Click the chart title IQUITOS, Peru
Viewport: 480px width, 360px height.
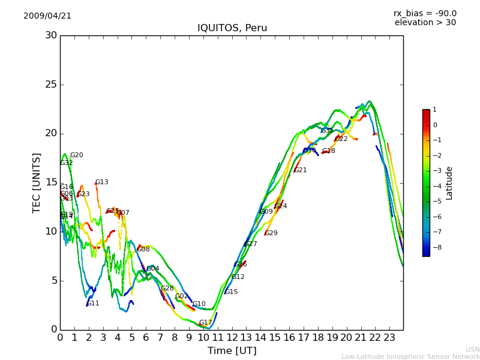click(232, 28)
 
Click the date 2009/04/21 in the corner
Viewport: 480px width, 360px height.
click(47, 16)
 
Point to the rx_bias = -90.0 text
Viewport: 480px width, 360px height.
click(425, 13)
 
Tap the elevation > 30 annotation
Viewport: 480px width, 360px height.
click(425, 23)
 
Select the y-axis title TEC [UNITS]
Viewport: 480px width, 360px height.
click(37, 182)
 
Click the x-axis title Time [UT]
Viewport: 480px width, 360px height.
click(232, 350)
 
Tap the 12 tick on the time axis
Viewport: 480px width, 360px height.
click(232, 337)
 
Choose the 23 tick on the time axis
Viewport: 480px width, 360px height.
click(389, 337)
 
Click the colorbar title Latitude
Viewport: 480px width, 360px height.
click(449, 183)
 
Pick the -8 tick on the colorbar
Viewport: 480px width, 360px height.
click(435, 247)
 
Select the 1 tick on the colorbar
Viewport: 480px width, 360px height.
click(434, 110)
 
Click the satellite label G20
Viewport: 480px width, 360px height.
click(77, 155)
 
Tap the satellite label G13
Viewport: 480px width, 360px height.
click(102, 182)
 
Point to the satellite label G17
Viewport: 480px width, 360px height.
click(205, 323)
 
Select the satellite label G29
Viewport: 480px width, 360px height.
click(271, 233)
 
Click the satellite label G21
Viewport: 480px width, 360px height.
click(300, 170)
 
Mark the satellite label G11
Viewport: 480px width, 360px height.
click(93, 304)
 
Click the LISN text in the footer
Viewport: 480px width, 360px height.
click(472, 349)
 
